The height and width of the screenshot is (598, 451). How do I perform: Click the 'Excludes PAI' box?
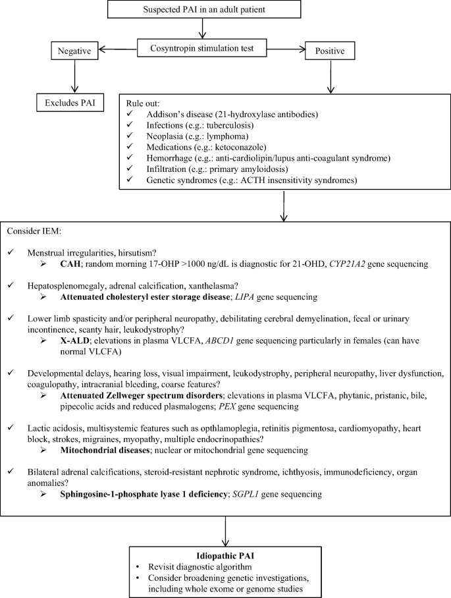(x=68, y=103)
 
